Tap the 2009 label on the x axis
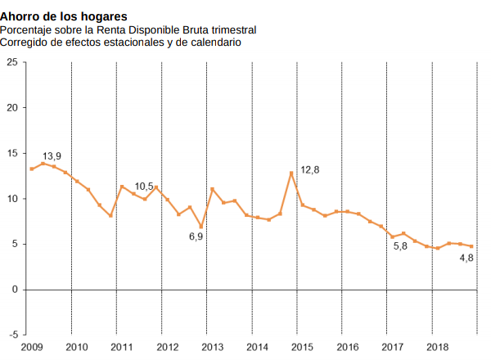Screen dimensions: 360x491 tap(32, 348)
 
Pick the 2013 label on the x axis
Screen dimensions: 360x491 tap(213, 348)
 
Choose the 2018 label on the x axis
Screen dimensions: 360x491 tap(438, 348)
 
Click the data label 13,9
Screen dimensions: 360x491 tap(52, 155)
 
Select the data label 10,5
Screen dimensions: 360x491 tap(144, 187)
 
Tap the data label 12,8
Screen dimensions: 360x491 tap(310, 169)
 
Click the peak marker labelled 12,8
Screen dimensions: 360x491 tap(291, 173)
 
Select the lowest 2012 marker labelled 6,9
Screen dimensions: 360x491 tap(200, 227)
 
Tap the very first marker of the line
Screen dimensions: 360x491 tap(31, 169)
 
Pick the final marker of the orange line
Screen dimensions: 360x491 tap(471, 246)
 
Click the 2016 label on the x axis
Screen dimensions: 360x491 tap(348, 348)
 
